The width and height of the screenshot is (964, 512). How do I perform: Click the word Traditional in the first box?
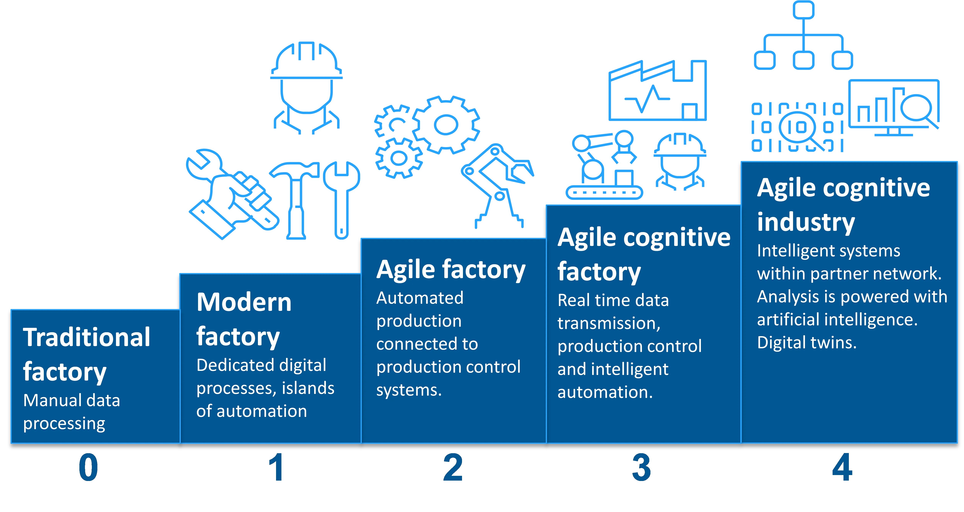coord(87,337)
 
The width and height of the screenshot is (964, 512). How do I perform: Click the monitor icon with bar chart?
coord(894,107)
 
